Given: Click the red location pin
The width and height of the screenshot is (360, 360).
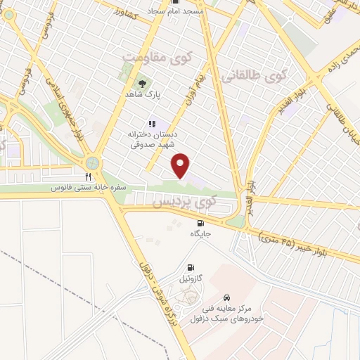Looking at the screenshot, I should pyautogui.click(x=181, y=165).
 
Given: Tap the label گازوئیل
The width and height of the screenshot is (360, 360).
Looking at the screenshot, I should pyautogui.click(x=191, y=278).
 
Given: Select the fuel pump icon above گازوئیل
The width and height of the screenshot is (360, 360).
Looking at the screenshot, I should pyautogui.click(x=191, y=267).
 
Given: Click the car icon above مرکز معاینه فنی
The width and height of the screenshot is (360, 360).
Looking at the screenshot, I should pyautogui.click(x=226, y=297).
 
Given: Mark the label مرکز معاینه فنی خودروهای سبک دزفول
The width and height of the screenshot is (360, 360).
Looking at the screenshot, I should pyautogui.click(x=226, y=313).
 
